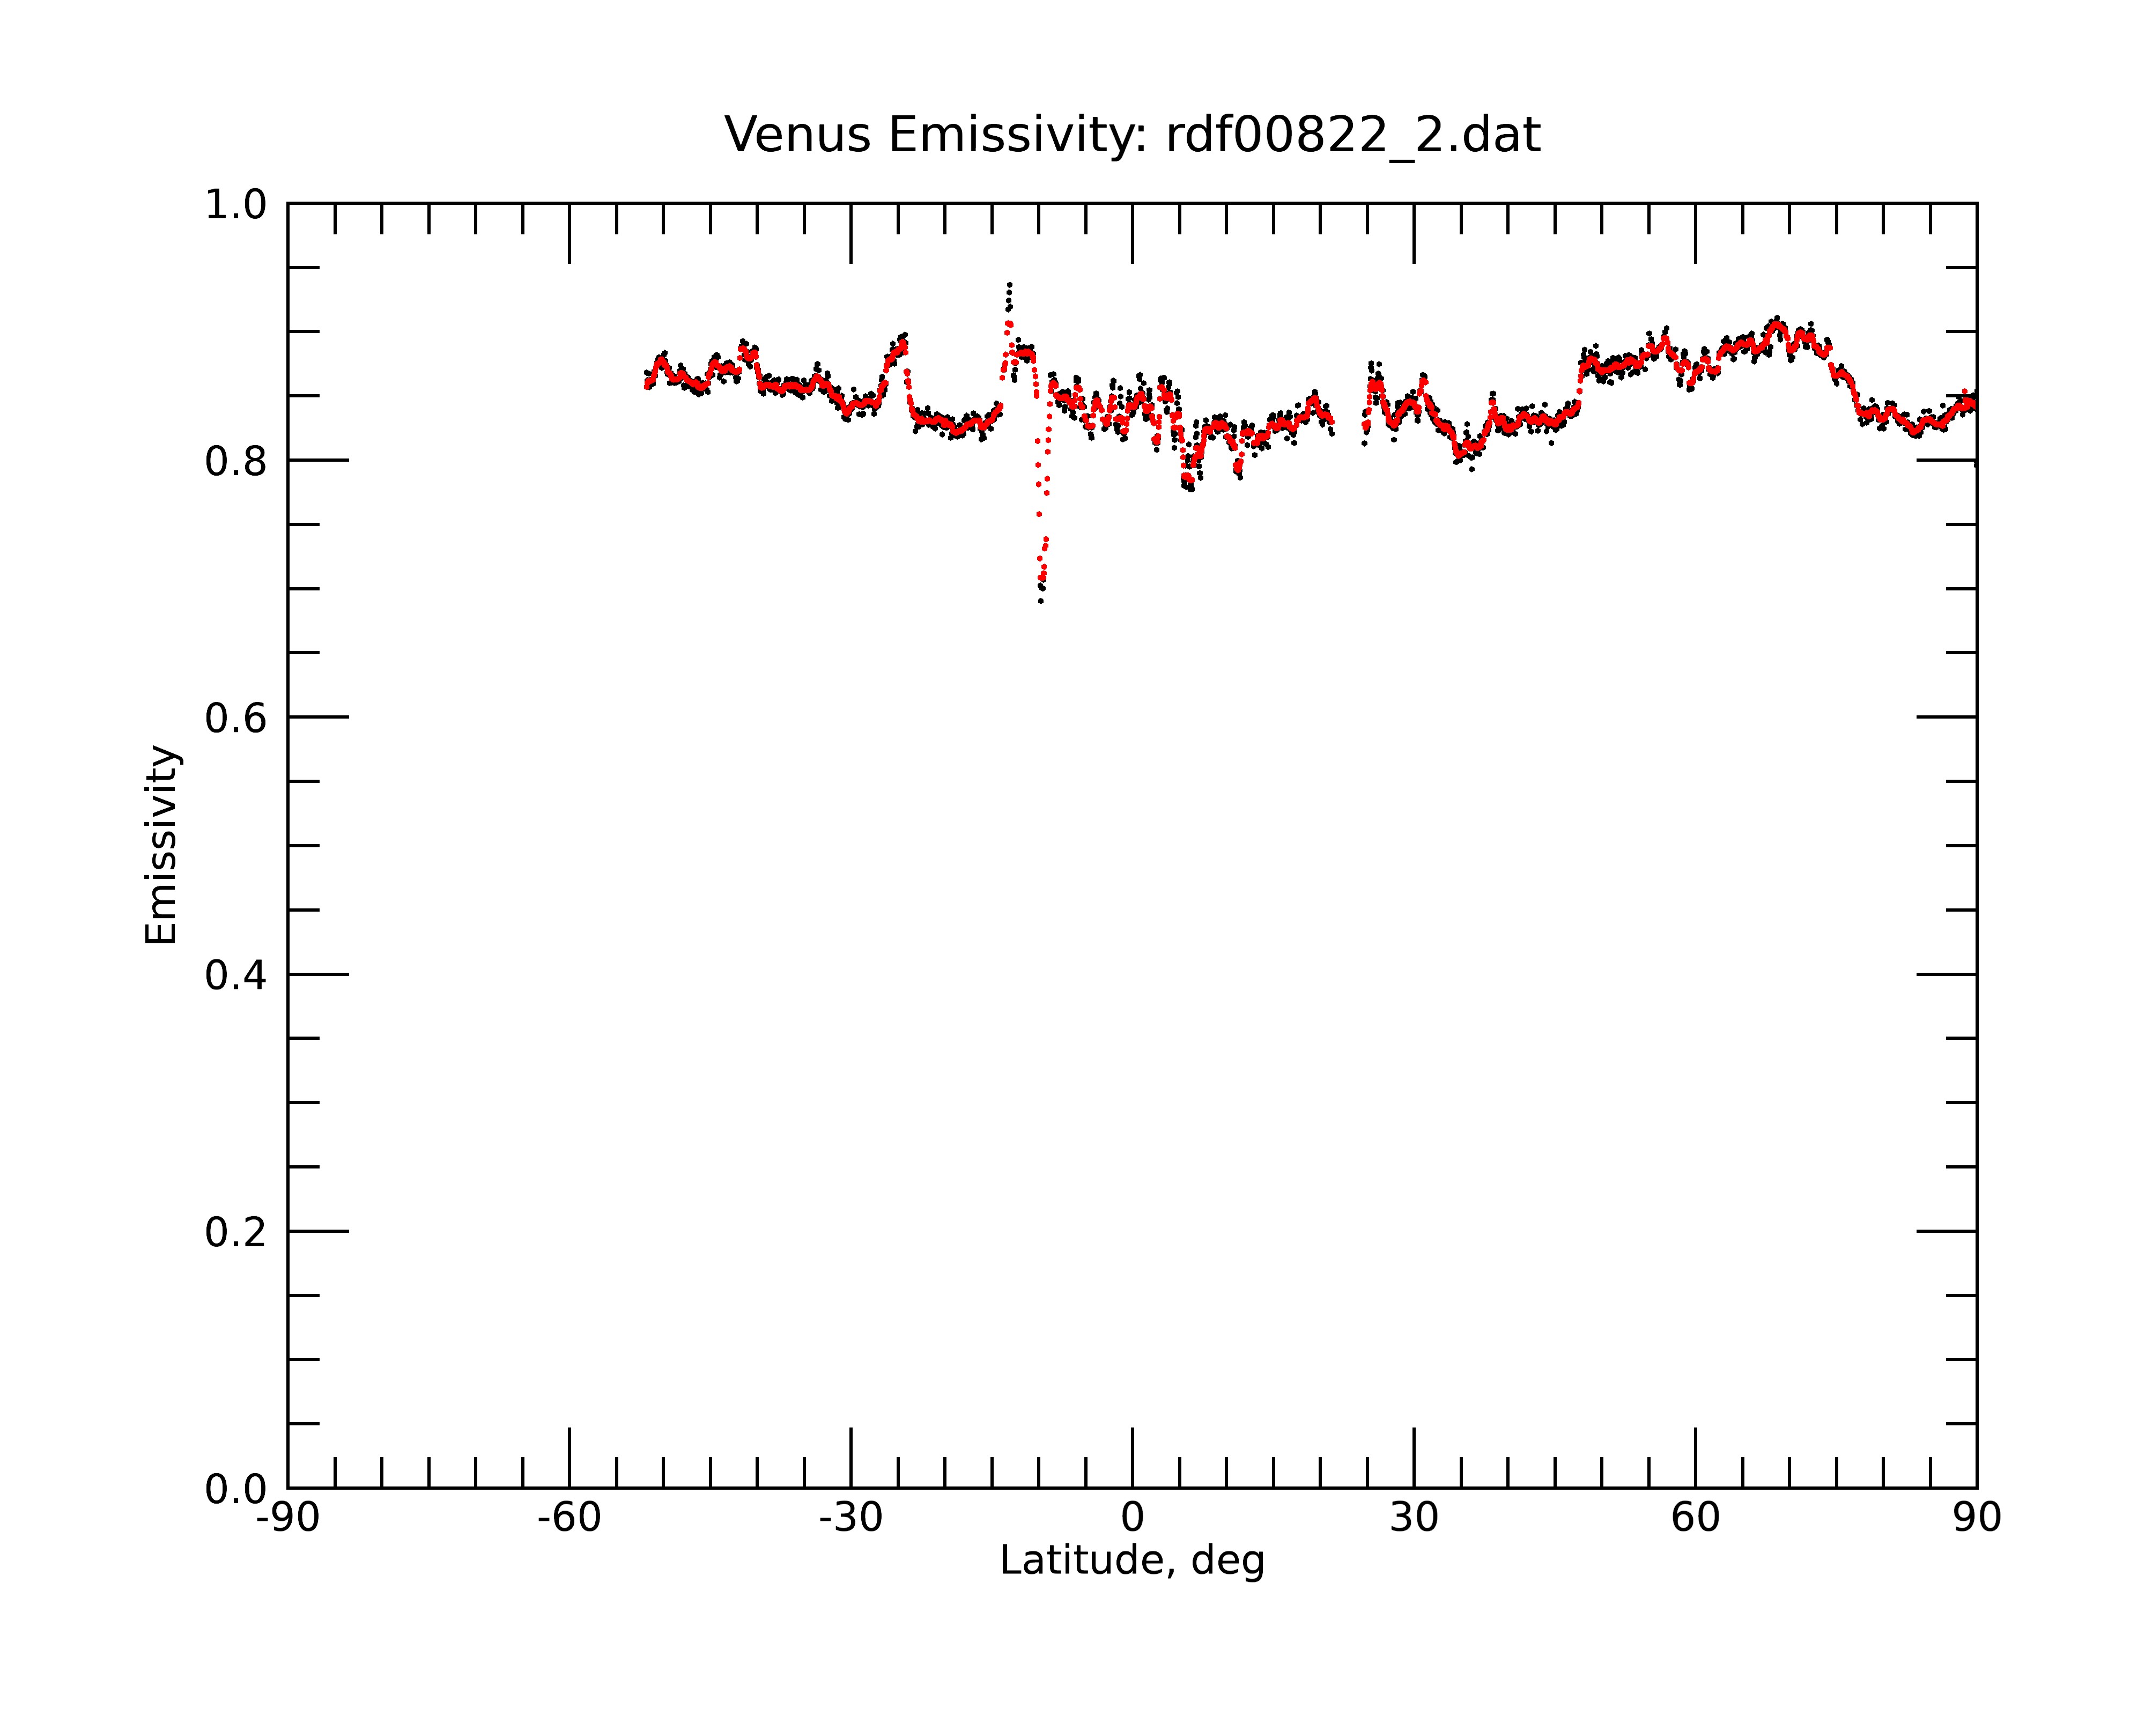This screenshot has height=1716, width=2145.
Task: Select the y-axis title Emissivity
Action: [161, 845]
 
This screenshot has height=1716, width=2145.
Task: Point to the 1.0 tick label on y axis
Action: [236, 205]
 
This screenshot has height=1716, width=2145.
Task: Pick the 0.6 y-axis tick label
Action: [236, 718]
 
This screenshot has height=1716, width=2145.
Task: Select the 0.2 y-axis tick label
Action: [236, 1232]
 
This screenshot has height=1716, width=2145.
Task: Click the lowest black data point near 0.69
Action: [1041, 601]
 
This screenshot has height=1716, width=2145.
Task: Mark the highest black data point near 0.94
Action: [1010, 285]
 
